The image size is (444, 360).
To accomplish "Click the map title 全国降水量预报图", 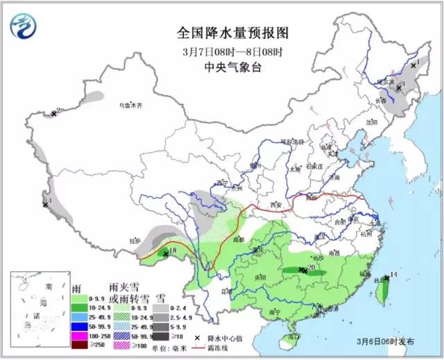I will point(232,33).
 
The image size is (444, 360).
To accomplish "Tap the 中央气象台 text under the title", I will point(232,67).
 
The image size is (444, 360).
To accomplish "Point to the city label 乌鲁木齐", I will point(129,105).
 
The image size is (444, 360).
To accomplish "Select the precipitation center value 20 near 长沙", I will point(311,266).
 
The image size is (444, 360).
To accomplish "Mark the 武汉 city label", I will point(320,237).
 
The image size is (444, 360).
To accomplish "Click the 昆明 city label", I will point(227,292).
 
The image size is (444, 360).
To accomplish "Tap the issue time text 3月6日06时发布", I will point(386,341).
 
